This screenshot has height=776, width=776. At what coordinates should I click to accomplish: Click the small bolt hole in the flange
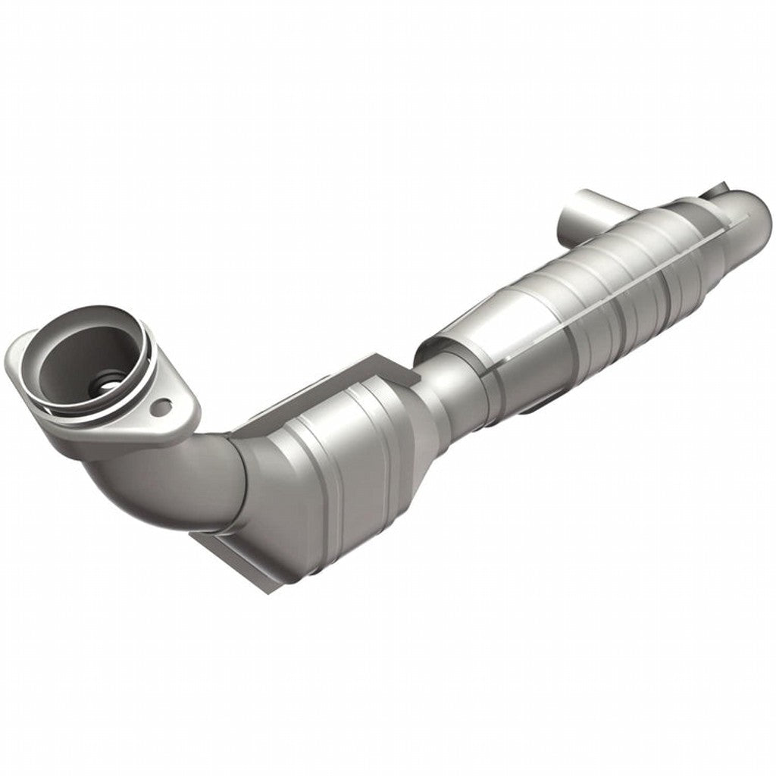click(160, 408)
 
